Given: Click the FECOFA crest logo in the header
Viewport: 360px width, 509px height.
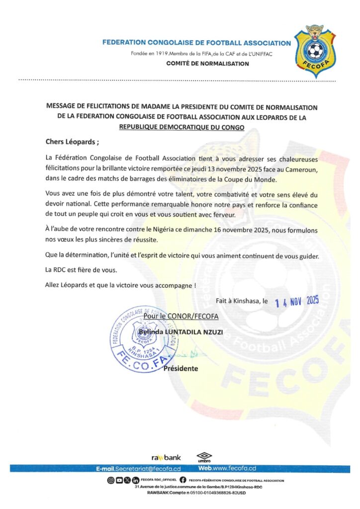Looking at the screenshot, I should (x=314, y=49).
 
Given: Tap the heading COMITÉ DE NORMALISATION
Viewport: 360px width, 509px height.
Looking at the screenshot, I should (x=208, y=64).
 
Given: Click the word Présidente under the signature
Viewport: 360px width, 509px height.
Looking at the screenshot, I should (x=180, y=368).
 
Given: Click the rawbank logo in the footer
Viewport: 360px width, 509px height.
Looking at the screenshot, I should (x=166, y=457).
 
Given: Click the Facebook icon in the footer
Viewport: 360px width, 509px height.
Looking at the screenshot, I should (x=182, y=481).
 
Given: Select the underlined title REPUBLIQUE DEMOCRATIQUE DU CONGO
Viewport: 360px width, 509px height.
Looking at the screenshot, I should (x=181, y=127).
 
